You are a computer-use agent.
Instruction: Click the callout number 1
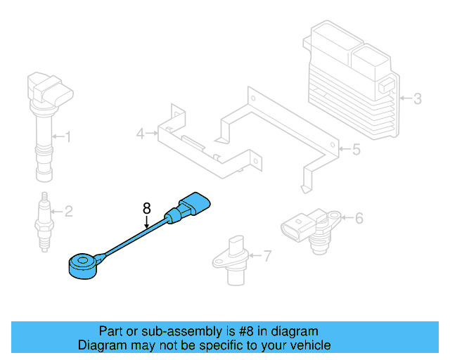(x=68, y=136)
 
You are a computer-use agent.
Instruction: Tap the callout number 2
(x=68, y=210)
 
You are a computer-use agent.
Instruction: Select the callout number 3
(x=418, y=99)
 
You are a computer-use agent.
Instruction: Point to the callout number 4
(x=141, y=133)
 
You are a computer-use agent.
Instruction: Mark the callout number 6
(x=359, y=219)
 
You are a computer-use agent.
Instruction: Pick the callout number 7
(x=266, y=256)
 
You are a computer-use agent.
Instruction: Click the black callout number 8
(x=146, y=208)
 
